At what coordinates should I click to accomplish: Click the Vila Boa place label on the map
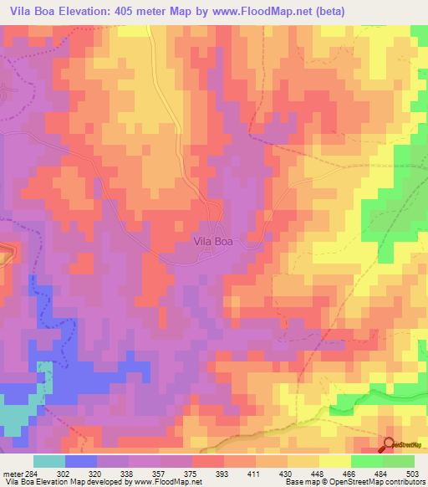pyautogui.click(x=213, y=241)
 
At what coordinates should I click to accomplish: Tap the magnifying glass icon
pyautogui.click(x=390, y=445)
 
